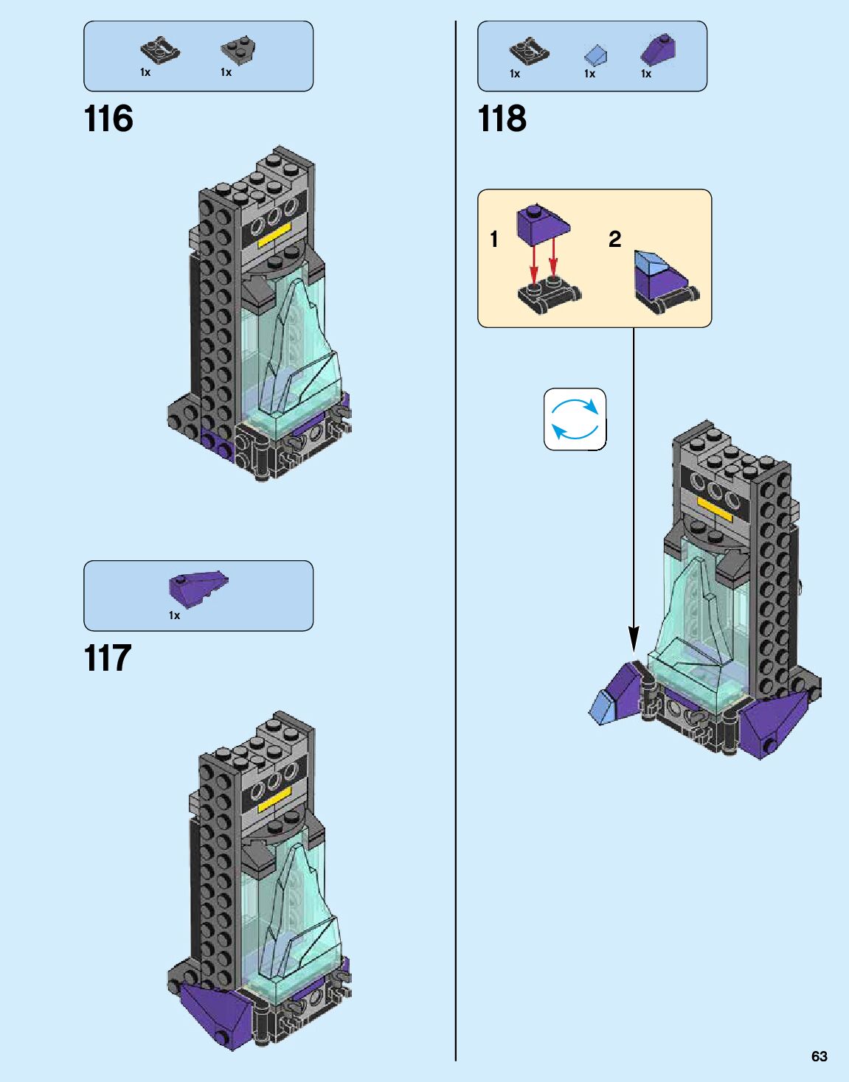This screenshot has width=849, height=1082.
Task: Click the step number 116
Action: (x=108, y=119)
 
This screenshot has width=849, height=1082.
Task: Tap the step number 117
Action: (x=108, y=658)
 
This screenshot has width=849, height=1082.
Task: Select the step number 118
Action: (x=502, y=119)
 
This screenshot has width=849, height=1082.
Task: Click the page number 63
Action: (x=819, y=1056)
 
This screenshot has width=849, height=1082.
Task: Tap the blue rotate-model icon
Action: (x=575, y=419)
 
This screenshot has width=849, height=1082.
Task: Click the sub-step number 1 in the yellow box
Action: (x=494, y=239)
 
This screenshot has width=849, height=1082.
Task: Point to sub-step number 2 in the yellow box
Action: (x=614, y=239)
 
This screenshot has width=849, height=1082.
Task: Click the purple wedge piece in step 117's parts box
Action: (x=198, y=587)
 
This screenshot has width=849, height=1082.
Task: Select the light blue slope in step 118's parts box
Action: (x=595, y=55)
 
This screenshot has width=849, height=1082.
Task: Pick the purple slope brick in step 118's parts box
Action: (x=658, y=49)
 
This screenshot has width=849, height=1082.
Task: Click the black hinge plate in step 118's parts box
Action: (x=529, y=51)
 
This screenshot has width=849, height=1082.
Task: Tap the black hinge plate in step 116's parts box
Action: (x=160, y=50)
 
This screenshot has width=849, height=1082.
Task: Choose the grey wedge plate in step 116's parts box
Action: (x=238, y=49)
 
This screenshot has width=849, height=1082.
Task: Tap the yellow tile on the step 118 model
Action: (x=714, y=509)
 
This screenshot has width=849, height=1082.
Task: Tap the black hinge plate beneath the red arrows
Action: (x=548, y=295)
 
